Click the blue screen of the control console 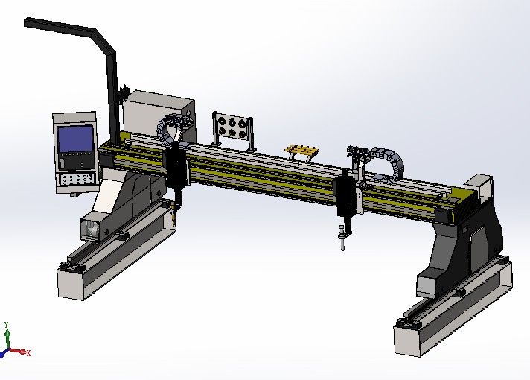point(76,139)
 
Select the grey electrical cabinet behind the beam point(158,115)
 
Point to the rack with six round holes point(232,130)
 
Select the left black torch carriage point(176,168)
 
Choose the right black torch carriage point(345,195)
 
